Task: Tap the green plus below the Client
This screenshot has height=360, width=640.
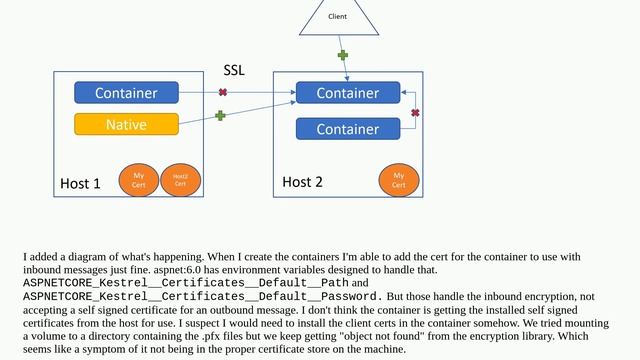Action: pyautogui.click(x=342, y=55)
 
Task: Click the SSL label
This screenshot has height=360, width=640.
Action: pyautogui.click(x=233, y=72)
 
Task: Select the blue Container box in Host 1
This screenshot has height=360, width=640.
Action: pyautogui.click(x=126, y=93)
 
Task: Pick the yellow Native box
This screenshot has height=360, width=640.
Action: pyautogui.click(x=126, y=124)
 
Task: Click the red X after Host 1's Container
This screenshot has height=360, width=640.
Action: pyautogui.click(x=222, y=93)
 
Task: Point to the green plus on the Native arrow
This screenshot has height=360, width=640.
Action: pyautogui.click(x=220, y=116)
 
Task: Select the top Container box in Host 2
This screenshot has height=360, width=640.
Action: pyautogui.click(x=347, y=93)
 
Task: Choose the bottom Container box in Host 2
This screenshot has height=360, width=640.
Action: pyautogui.click(x=347, y=129)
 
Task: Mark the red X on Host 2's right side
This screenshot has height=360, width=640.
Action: pyautogui.click(x=415, y=113)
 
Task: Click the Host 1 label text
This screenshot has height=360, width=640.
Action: pyautogui.click(x=80, y=184)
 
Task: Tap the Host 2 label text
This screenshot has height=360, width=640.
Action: pyautogui.click(x=302, y=182)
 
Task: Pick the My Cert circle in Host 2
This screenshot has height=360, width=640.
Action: pyautogui.click(x=398, y=181)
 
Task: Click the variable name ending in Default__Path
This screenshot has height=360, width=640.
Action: pyautogui.click(x=179, y=283)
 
